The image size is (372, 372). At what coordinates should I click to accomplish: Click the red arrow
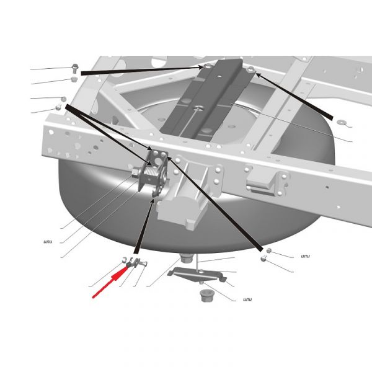(110, 281)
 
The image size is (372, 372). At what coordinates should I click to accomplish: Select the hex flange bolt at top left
(75, 68)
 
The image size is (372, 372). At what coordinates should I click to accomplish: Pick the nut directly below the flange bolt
(74, 79)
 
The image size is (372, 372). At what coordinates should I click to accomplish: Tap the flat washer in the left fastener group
(63, 99)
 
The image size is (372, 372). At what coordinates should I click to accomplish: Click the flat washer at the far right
(342, 122)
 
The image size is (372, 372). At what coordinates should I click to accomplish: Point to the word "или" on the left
(48, 242)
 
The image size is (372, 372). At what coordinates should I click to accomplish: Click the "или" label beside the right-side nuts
(305, 256)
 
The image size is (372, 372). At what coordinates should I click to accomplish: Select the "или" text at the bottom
(247, 299)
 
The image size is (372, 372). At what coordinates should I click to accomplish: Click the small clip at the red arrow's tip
(134, 263)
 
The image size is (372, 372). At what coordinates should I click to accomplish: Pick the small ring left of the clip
(125, 260)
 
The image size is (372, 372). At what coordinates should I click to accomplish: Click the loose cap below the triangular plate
(206, 295)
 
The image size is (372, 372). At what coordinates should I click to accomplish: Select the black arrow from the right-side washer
(294, 96)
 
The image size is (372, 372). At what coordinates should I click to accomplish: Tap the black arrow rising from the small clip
(144, 226)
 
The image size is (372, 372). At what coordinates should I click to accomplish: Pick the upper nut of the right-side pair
(269, 250)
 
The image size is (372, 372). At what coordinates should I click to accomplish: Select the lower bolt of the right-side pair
(263, 258)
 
